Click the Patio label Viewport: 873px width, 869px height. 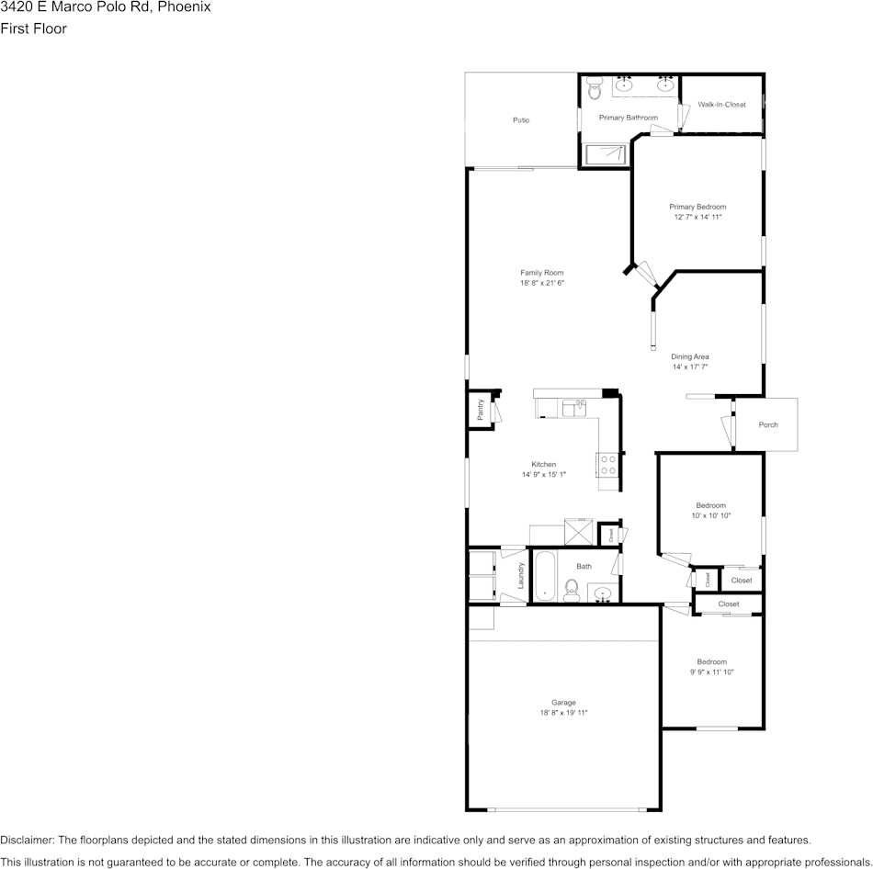pyautogui.click(x=521, y=120)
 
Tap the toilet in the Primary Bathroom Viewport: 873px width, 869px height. pyautogui.click(x=594, y=90)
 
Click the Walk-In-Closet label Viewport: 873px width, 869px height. pyautogui.click(x=721, y=105)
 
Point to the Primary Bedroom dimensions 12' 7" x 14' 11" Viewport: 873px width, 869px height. pyautogui.click(x=697, y=218)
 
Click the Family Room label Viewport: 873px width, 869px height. pyautogui.click(x=541, y=273)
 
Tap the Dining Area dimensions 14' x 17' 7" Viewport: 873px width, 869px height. pyautogui.click(x=690, y=367)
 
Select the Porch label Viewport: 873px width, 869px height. pyautogui.click(x=768, y=424)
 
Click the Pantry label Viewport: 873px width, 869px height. pyautogui.click(x=481, y=410)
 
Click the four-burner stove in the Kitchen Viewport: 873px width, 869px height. pyautogui.click(x=607, y=465)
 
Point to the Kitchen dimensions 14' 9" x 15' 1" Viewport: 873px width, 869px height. pyautogui.click(x=544, y=475)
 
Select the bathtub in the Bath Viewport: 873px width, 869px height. pyautogui.click(x=545, y=576)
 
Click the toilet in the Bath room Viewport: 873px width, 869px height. pyautogui.click(x=571, y=588)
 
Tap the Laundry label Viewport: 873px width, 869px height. pyautogui.click(x=521, y=576)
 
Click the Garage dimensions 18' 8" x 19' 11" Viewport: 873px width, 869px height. pyautogui.click(x=563, y=713)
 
